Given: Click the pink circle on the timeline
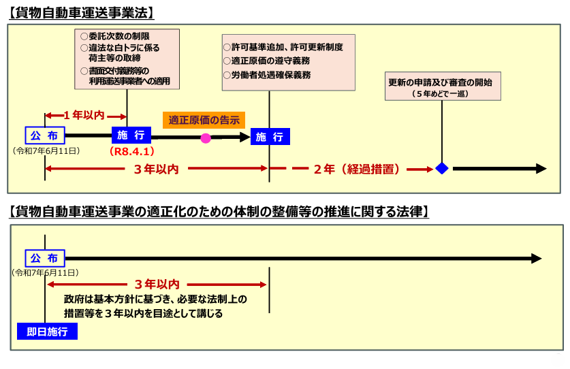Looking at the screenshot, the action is click(206, 138).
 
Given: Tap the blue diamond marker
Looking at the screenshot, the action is click(442, 168).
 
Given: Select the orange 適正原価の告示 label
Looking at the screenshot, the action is click(204, 120).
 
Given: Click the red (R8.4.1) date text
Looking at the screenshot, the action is click(132, 151).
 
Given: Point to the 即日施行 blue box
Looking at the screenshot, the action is click(47, 332).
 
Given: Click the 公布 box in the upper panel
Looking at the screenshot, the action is click(45, 135).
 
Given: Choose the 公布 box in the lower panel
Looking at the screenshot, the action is click(45, 259).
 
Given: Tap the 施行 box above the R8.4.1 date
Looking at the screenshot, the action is click(131, 135).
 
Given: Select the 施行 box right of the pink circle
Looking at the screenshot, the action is click(270, 137).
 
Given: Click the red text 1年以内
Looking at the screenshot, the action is click(84, 115).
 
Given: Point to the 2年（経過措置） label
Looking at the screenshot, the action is click(357, 169).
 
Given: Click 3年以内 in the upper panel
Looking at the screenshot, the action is click(157, 169).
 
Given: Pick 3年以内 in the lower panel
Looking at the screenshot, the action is click(157, 285).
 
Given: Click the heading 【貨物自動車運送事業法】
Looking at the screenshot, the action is click(82, 13).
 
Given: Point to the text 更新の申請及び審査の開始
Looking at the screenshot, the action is click(440, 82).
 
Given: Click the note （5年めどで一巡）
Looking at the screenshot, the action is click(440, 94).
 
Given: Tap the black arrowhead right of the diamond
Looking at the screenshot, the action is click(541, 169).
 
